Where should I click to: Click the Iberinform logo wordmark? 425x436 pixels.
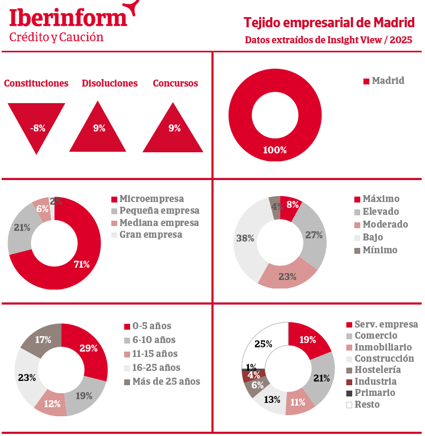click(x=69, y=17)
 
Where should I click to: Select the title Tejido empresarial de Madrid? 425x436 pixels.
click(x=329, y=23)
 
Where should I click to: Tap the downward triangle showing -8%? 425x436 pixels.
click(x=36, y=124)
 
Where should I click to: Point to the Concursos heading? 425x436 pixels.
click(x=175, y=83)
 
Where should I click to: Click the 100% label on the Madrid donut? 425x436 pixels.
click(x=275, y=150)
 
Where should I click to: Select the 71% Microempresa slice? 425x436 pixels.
click(x=80, y=264)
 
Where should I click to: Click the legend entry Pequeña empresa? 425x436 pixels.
click(x=160, y=211)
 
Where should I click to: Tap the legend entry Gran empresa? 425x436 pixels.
click(x=151, y=235)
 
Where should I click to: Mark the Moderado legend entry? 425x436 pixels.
click(x=385, y=224)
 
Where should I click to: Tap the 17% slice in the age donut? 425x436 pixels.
click(x=43, y=340)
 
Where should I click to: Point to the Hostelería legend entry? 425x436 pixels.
click(x=377, y=370)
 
